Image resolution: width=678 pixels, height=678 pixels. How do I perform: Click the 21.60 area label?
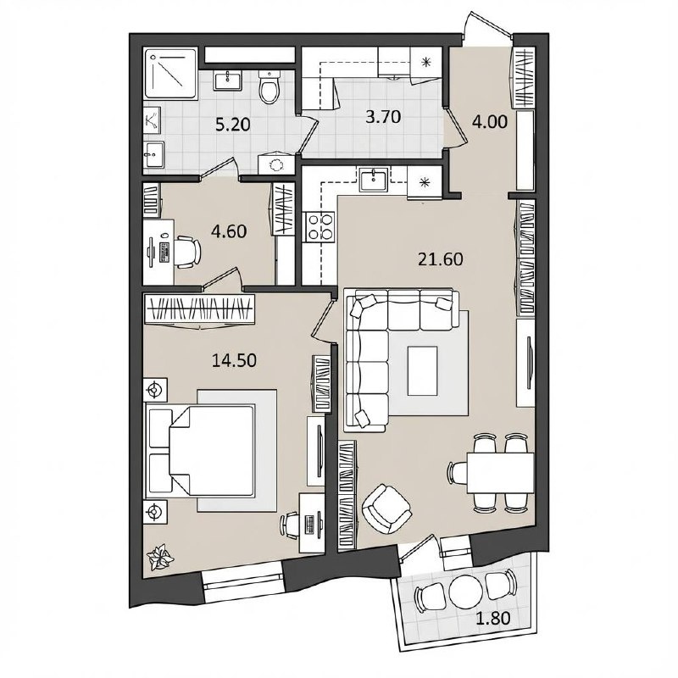click(x=440, y=259)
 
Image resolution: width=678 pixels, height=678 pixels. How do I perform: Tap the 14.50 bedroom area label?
click(x=234, y=360)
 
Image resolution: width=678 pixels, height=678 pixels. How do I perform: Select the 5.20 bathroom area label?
click(x=232, y=125)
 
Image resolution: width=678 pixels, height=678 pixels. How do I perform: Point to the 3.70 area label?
click(x=383, y=117)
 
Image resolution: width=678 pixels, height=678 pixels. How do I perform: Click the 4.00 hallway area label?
click(x=490, y=122)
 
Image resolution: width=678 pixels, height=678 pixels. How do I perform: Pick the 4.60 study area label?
click(x=229, y=231)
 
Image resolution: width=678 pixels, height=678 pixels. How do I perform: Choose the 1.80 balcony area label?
click(x=492, y=619)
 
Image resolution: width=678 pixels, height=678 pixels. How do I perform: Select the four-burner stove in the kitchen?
click(x=320, y=227)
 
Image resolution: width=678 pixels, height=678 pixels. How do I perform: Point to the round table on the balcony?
click(x=465, y=592)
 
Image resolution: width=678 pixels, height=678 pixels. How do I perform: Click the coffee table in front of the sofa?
click(x=422, y=370)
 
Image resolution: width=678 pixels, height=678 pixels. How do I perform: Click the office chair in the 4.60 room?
click(x=187, y=251)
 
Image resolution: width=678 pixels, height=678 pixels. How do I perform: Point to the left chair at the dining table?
click(x=458, y=472)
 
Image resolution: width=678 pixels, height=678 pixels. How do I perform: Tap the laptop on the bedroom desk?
click(x=309, y=524)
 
